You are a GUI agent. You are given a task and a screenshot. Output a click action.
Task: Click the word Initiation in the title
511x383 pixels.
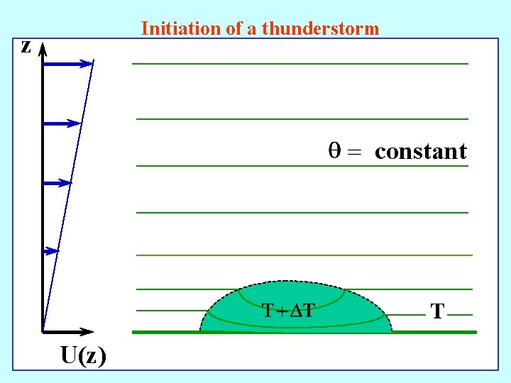pyautogui.click(x=172, y=29)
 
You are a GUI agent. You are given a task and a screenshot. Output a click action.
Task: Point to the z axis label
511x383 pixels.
pyautogui.click(x=26, y=47)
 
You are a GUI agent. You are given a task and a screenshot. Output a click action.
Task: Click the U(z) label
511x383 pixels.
pyautogui.click(x=84, y=355)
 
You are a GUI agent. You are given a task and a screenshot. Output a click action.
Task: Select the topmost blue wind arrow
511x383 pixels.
pyautogui.click(x=68, y=64)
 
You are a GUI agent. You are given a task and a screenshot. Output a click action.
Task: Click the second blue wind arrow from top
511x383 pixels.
pyautogui.click(x=62, y=123)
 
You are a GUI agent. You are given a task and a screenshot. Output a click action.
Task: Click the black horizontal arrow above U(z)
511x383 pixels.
pyautogui.click(x=67, y=331)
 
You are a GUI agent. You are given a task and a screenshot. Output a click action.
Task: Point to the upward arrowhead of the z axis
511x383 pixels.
pyautogui.click(x=43, y=49)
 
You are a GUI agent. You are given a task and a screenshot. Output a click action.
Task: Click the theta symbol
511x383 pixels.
pyautogui.click(x=334, y=150)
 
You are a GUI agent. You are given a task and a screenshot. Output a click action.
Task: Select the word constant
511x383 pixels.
pyautogui.click(x=420, y=151)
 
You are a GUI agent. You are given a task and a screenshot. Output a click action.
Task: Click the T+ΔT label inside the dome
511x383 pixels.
pyautogui.click(x=288, y=310)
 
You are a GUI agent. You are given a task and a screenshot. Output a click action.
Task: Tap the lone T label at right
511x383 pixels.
pyautogui.click(x=438, y=311)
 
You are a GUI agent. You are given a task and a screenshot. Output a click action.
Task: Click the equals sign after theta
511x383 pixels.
pyautogui.click(x=354, y=152)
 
